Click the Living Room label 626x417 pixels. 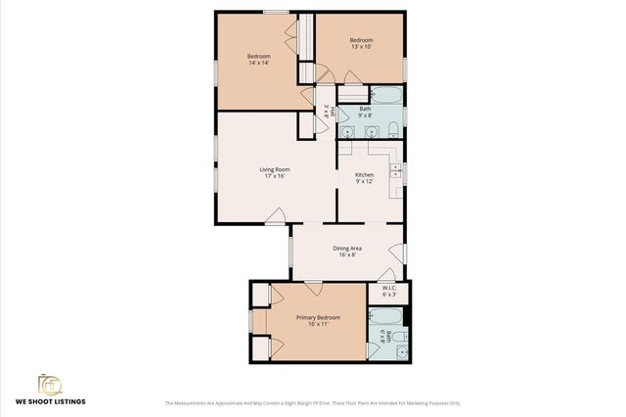tap(272, 169)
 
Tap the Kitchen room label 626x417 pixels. tap(364, 174)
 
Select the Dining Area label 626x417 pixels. tap(347, 248)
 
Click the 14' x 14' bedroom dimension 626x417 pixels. tap(258, 63)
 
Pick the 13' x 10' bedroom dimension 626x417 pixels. tap(362, 46)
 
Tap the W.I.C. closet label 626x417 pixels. tap(388, 288)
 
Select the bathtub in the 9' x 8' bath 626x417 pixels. tap(387, 96)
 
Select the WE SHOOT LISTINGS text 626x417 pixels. tap(49, 402)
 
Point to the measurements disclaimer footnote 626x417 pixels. tap(312, 402)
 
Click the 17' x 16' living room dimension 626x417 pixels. tap(272, 176)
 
